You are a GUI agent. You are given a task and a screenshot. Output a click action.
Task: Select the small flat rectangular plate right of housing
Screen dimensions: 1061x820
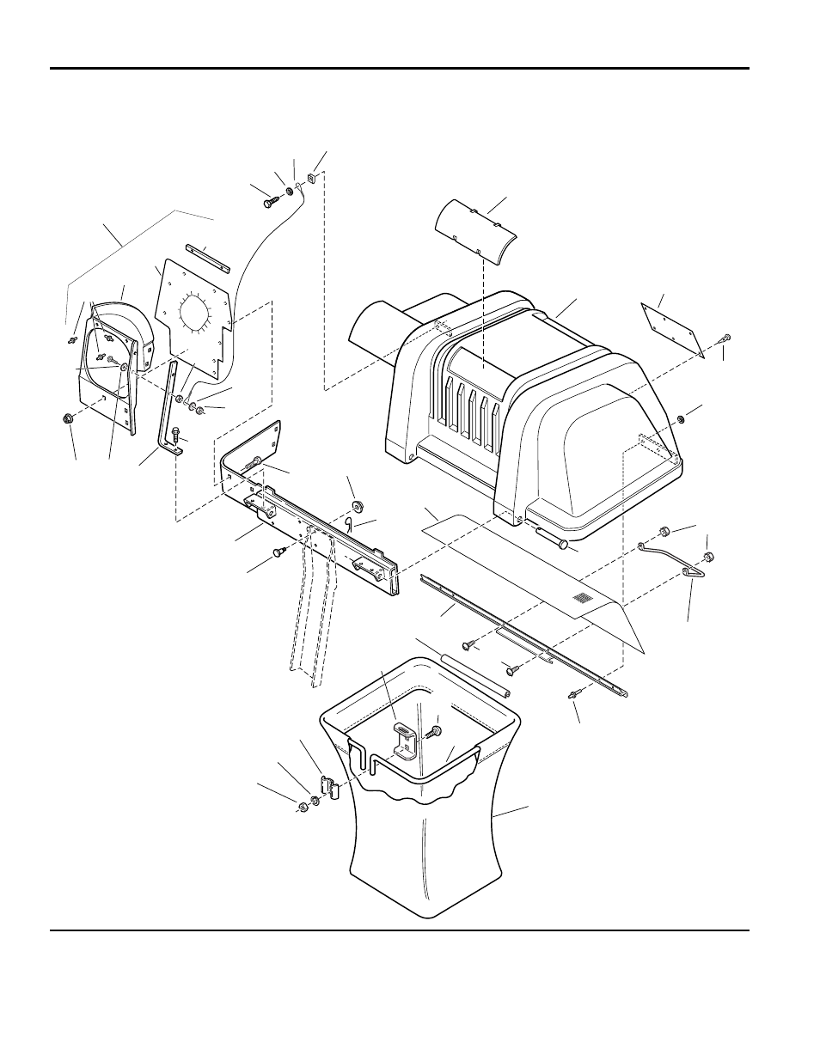672,331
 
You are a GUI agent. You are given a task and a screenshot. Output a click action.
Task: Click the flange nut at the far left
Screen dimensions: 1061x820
67,418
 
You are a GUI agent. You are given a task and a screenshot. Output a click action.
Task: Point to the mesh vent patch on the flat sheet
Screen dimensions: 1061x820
584,597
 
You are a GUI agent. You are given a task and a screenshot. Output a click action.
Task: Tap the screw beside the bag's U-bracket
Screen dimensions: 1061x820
436,731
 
